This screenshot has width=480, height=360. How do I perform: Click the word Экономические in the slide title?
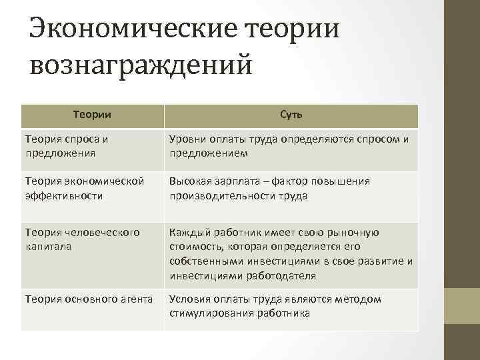134,29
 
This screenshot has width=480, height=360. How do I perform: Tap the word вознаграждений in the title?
142,67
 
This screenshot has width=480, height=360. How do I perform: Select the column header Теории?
92,115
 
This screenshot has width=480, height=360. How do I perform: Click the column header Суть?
291,115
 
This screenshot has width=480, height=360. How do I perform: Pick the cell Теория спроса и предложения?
67,146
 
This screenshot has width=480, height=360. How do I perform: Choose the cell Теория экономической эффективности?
84,188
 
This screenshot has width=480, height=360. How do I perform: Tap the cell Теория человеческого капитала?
82,239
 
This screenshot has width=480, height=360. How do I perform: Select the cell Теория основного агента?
89,299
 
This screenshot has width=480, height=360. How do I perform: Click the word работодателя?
278,275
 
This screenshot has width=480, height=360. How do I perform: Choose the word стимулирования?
209,313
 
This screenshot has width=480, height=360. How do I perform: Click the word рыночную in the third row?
355,233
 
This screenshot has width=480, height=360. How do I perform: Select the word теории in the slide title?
293,29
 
